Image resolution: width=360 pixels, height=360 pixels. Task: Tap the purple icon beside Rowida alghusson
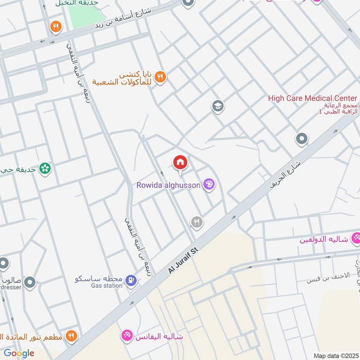coord(209,184)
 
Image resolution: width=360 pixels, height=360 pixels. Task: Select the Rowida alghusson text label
coord(169,185)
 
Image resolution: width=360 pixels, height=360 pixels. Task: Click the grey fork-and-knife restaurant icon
coord(196,221)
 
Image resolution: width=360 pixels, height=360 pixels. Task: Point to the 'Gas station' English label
coord(106,286)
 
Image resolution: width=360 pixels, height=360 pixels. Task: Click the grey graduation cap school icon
coord(218,107)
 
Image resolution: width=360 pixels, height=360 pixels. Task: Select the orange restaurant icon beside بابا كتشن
coord(160,77)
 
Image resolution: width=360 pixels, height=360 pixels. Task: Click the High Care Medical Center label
coord(312,98)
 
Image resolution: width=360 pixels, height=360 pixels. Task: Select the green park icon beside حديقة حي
coord(45,169)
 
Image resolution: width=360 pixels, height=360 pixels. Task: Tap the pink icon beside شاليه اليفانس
coord(127,335)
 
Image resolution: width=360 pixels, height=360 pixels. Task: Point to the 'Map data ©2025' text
coord(335,355)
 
